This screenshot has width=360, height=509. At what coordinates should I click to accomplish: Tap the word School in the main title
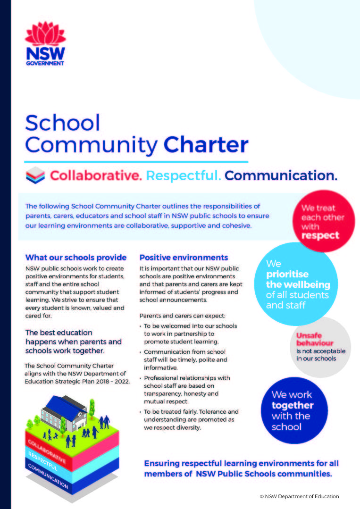63,123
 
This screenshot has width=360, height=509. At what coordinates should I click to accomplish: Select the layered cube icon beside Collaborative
35,176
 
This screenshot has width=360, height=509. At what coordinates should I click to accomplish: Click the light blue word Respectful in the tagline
183,176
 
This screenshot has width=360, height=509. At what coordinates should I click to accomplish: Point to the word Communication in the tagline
281,176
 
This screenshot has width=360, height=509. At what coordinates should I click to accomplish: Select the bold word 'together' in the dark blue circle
293,405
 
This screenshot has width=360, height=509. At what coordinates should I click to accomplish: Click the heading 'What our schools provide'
75,258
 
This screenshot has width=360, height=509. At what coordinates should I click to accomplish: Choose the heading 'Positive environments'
184,258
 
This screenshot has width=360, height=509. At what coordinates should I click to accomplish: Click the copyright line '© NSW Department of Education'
299,496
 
